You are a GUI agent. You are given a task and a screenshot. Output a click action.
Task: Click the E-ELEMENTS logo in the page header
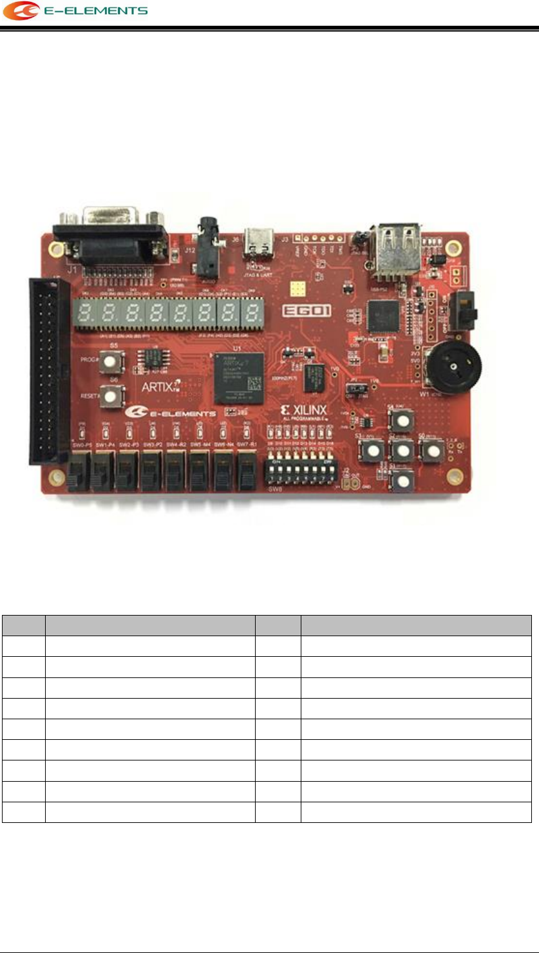[75, 11]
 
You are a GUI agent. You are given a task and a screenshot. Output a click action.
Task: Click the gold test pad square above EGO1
[298, 287]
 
